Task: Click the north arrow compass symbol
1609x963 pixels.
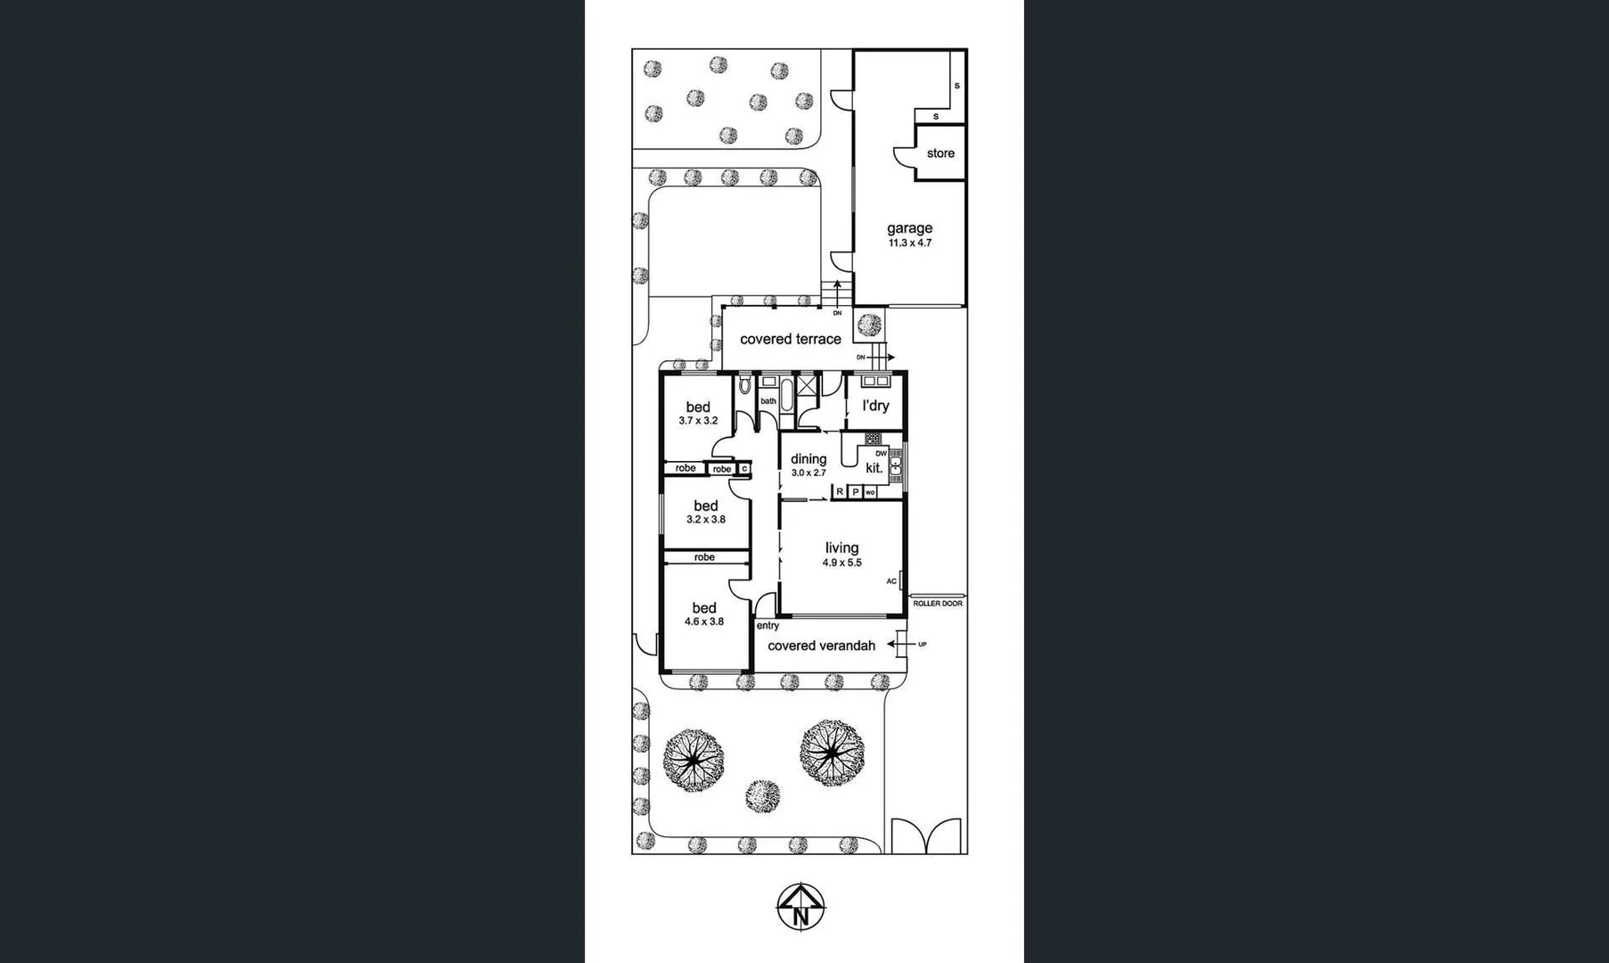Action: click(x=800, y=907)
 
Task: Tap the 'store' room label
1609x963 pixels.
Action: click(x=940, y=153)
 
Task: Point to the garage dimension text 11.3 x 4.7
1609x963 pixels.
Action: click(x=909, y=243)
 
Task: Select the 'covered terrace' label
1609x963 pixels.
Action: click(x=790, y=339)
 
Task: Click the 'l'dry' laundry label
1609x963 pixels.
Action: click(x=875, y=406)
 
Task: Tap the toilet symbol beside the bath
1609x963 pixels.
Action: click(x=745, y=385)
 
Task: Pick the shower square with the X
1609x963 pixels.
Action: click(x=807, y=384)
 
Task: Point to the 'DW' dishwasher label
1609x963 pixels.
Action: click(x=881, y=454)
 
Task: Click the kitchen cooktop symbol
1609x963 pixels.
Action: click(x=873, y=439)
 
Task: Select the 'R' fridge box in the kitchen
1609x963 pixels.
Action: click(x=840, y=491)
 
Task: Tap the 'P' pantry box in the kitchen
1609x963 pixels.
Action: click(x=855, y=491)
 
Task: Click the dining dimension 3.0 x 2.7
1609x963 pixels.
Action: click(x=809, y=473)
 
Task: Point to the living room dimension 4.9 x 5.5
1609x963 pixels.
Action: click(x=841, y=563)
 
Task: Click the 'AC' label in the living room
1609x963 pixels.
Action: click(x=891, y=581)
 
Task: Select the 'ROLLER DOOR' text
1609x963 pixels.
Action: click(x=937, y=604)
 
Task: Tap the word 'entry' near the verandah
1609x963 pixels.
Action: click(x=768, y=626)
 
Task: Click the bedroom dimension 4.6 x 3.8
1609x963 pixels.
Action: click(x=704, y=622)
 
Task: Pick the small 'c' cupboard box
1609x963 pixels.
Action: click(x=744, y=468)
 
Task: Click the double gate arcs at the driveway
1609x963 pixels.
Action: click(x=927, y=836)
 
